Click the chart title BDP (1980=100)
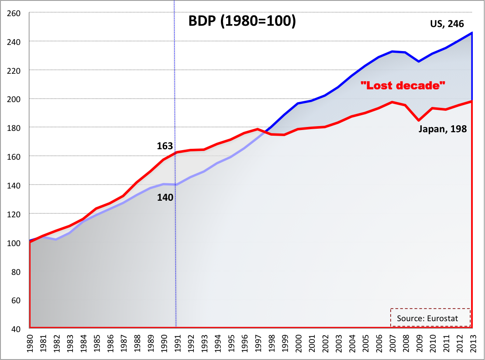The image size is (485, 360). pyautogui.click(x=242, y=22)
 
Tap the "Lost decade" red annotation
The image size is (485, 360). pyautogui.click(x=402, y=86)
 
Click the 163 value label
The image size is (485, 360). pyautogui.click(x=165, y=146)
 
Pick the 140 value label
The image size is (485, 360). pyautogui.click(x=165, y=197)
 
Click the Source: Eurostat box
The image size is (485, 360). pyautogui.click(x=427, y=319)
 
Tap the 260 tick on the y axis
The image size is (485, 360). pyautogui.click(x=14, y=13)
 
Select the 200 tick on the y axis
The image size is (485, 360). pyautogui.click(x=14, y=99)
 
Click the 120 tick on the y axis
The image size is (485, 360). pyautogui.click(x=14, y=214)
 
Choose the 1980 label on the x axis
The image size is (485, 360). pyautogui.click(x=29, y=343)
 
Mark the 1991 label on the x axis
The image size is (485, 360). pyautogui.click(x=177, y=343)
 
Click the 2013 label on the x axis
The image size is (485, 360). pyautogui.click(x=472, y=343)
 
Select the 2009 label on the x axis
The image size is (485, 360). pyautogui.click(x=419, y=343)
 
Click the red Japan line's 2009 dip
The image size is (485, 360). pyautogui.click(x=419, y=120)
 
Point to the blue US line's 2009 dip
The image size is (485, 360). pyautogui.click(x=419, y=62)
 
